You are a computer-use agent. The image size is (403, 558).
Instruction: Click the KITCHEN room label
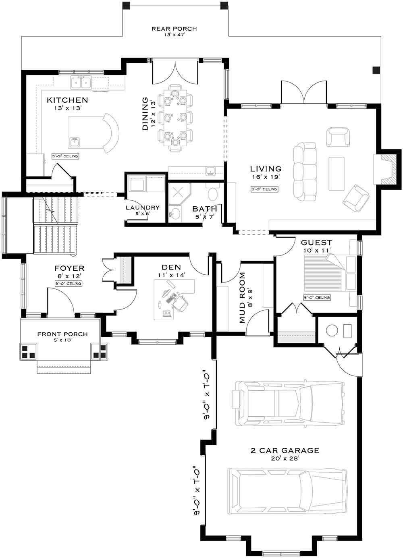pos(67,100)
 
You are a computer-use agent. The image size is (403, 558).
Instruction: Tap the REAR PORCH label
pos(174,29)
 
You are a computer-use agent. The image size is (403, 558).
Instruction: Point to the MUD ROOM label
pos(242,298)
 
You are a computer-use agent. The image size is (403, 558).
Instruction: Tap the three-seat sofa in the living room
pos(305,171)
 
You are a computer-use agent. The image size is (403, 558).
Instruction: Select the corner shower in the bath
pos(179,193)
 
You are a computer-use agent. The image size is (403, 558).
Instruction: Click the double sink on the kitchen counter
pos(81,82)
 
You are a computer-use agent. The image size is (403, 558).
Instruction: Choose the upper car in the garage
pos(288,404)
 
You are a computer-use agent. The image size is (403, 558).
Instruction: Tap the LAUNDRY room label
pos(143,208)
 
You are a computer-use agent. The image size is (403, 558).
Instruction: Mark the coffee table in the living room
pos(337,173)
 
